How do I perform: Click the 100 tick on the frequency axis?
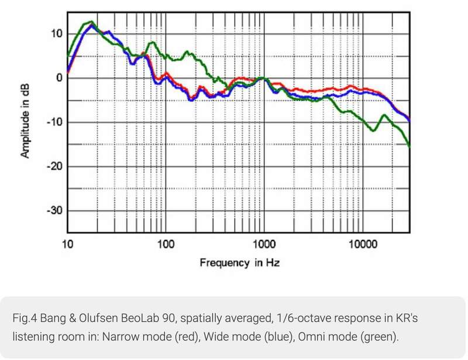[167, 242]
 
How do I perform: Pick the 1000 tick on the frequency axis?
[264, 242]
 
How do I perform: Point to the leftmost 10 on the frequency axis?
[68, 242]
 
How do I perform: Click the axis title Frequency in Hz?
[239, 263]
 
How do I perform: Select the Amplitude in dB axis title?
[25, 122]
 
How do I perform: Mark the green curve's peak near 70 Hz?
[152, 42]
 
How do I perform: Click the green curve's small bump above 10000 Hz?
[384, 115]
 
